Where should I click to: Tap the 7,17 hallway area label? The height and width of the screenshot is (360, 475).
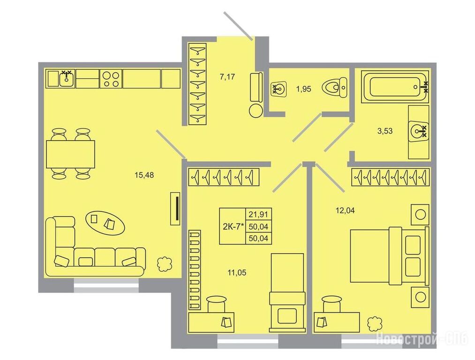coord(227,76)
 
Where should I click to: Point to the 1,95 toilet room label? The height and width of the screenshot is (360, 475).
coord(303,90)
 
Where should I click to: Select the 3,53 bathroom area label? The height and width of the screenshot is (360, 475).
coord(385,131)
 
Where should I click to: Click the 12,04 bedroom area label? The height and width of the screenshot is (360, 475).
coord(345,210)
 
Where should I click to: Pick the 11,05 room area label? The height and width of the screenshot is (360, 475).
coord(237,273)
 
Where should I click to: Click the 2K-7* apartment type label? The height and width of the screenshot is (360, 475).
coord(233,226)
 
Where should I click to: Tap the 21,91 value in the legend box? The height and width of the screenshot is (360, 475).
coord(258,215)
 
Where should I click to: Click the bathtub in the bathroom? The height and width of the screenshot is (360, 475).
coord(396,87)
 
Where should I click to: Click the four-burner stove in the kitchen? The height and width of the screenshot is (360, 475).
coord(111,79)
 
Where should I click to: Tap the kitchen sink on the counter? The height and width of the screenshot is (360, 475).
coord(66,79)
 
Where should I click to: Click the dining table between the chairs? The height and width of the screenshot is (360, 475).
coord(70,154)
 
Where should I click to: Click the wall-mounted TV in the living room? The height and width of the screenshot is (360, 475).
coord(175,209)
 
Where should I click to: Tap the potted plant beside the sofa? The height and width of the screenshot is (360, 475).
coord(165,264)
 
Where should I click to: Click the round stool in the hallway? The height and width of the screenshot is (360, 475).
coord(256,110)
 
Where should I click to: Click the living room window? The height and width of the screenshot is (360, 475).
coord(106,286)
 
